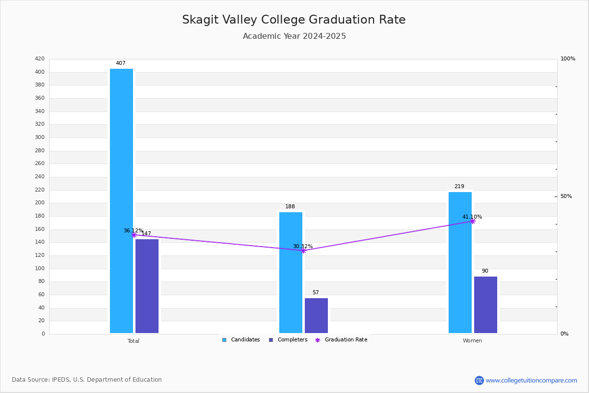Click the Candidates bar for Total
click(122, 201)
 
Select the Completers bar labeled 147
click(147, 286)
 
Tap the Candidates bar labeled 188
click(291, 273)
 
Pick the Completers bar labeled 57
click(316, 315)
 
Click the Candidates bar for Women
click(460, 263)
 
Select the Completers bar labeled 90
click(485, 305)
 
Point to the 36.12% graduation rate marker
click(134, 235)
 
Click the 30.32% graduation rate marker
click(303, 251)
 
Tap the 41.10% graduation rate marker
click(473, 222)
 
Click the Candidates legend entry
click(241, 340)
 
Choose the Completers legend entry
click(288, 340)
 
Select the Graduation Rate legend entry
click(341, 340)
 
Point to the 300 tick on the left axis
click(40, 137)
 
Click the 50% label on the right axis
click(566, 196)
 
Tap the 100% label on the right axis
click(568, 58)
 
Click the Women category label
click(472, 340)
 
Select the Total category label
click(134, 341)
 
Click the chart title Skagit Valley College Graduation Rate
click(294, 20)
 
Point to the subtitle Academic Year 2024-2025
click(294, 36)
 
